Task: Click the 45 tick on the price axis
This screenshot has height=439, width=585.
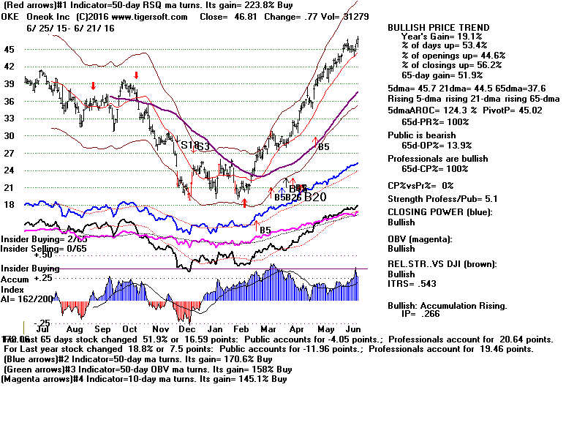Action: coord(10,49)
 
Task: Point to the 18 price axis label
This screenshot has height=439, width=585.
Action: coord(10,205)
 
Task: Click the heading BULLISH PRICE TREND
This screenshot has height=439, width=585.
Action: coord(438,28)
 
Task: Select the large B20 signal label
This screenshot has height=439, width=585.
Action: coord(315,197)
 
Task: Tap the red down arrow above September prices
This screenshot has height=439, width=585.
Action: coord(93,85)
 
